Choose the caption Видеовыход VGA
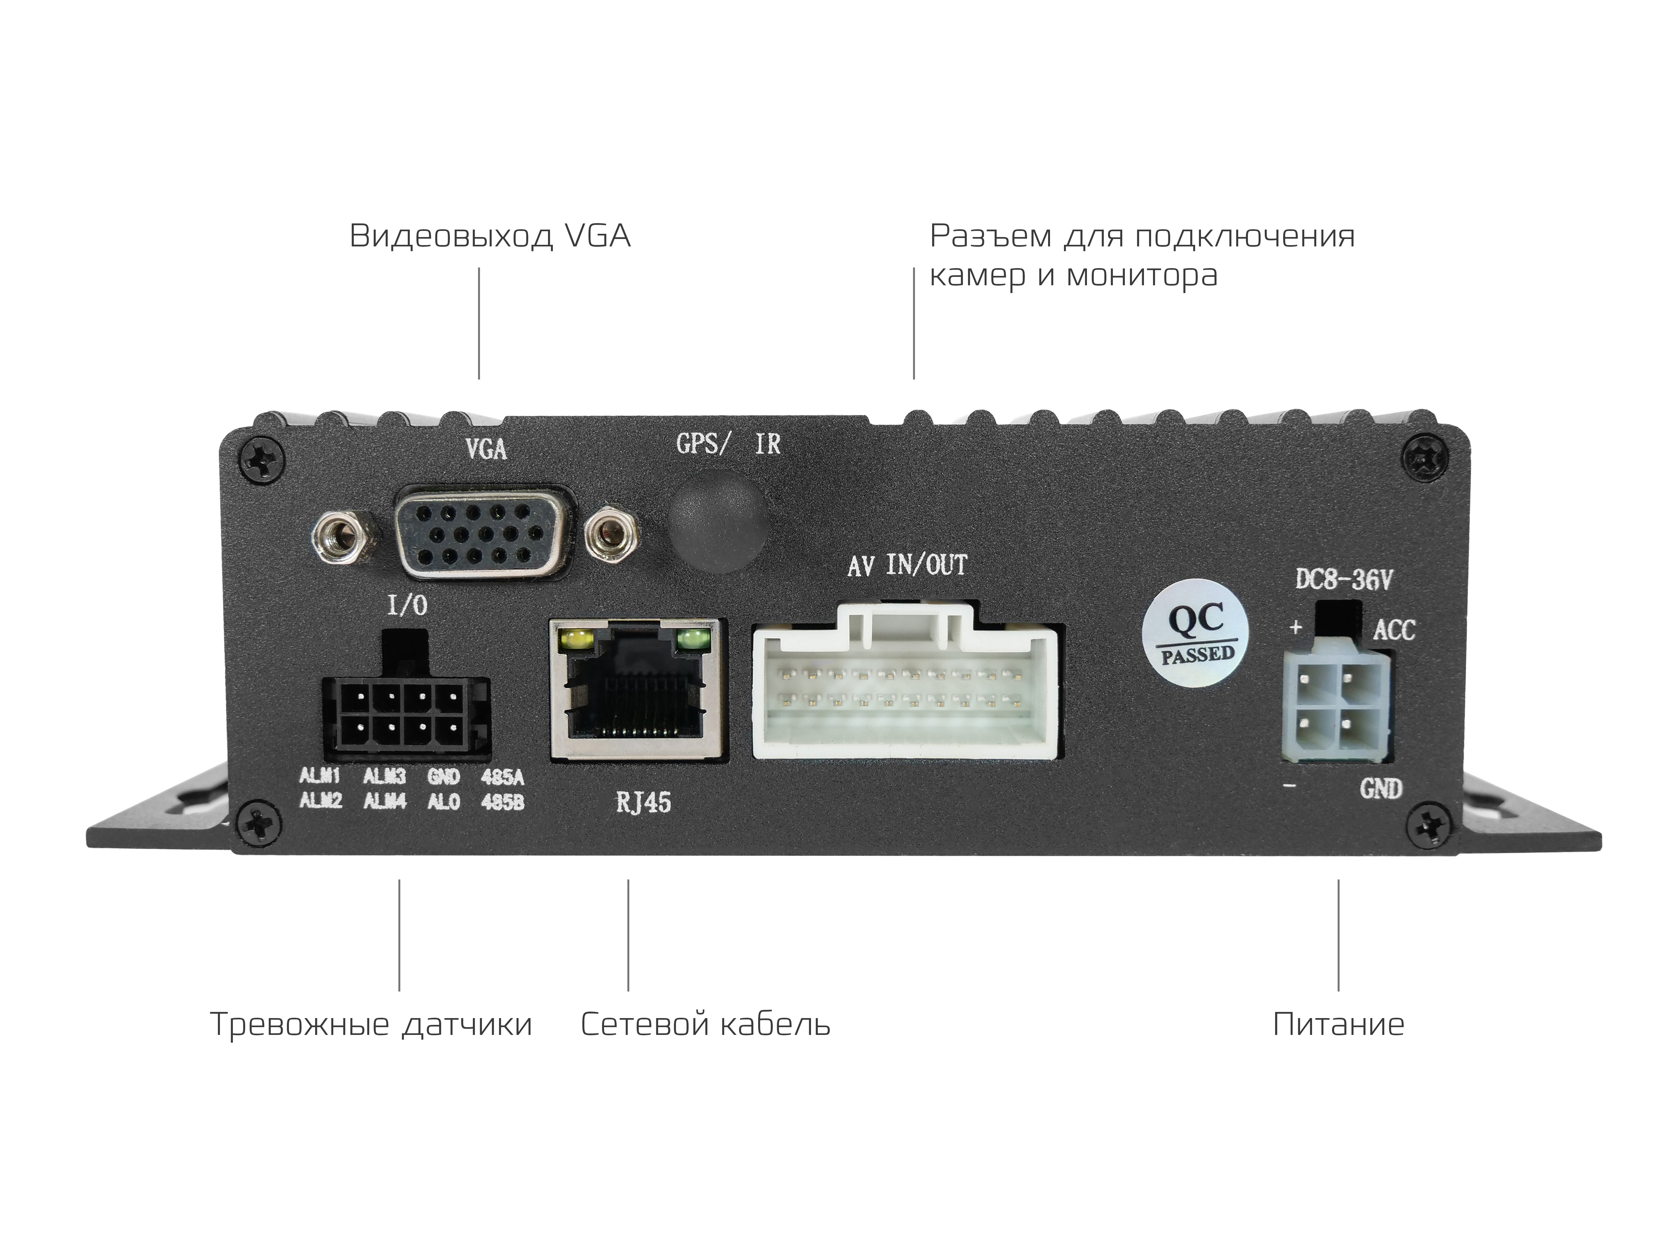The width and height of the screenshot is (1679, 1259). (x=490, y=236)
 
